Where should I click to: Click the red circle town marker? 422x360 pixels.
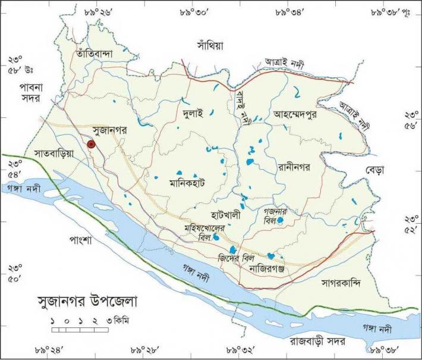(x=91, y=144)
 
